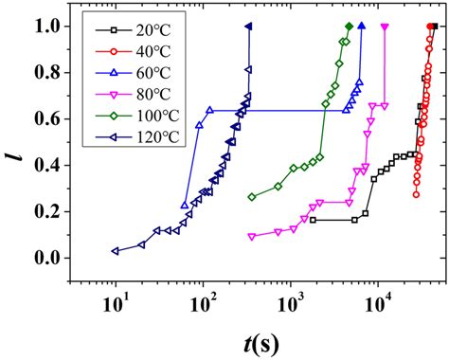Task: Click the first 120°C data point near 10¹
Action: point(116,251)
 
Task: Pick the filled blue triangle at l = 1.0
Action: point(362,27)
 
